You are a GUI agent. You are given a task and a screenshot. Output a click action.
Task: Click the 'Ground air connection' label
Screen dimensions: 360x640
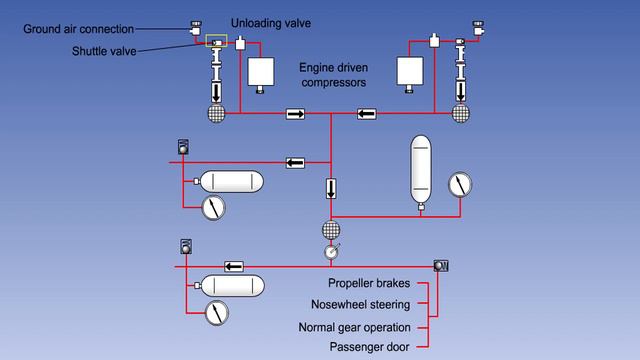click(x=79, y=29)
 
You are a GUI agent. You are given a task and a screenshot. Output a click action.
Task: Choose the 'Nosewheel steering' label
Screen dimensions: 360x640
click(x=354, y=306)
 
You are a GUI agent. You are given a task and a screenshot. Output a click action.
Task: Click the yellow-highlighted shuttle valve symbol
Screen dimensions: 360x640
click(x=214, y=42)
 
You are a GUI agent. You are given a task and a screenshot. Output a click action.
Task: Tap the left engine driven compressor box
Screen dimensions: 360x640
click(x=262, y=72)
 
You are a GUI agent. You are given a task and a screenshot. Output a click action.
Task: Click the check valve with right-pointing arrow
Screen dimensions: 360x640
click(x=295, y=114)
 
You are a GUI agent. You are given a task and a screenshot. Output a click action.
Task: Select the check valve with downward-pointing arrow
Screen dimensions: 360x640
click(x=331, y=188)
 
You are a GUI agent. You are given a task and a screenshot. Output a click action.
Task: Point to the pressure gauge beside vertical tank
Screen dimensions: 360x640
click(x=459, y=185)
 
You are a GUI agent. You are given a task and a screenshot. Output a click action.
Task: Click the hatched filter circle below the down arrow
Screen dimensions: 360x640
click(x=331, y=230)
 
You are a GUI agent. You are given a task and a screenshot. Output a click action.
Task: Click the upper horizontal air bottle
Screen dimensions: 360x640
click(x=231, y=182)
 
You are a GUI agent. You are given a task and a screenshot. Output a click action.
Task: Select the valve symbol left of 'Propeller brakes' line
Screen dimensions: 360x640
click(x=441, y=265)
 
